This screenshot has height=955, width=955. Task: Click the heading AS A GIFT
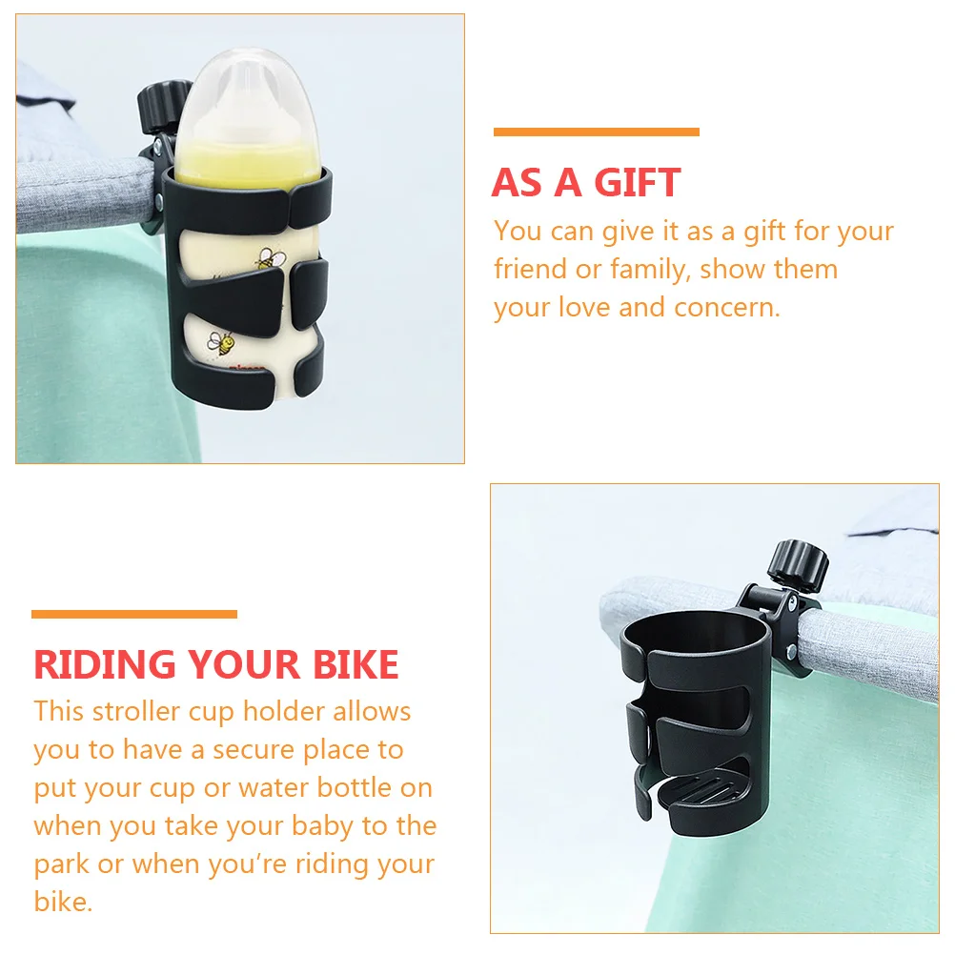pos(586,183)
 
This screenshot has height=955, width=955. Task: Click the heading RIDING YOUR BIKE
pos(216,664)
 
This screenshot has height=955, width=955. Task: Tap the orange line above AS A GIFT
pos(596,132)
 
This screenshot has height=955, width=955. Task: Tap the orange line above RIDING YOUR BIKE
pos(134,615)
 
